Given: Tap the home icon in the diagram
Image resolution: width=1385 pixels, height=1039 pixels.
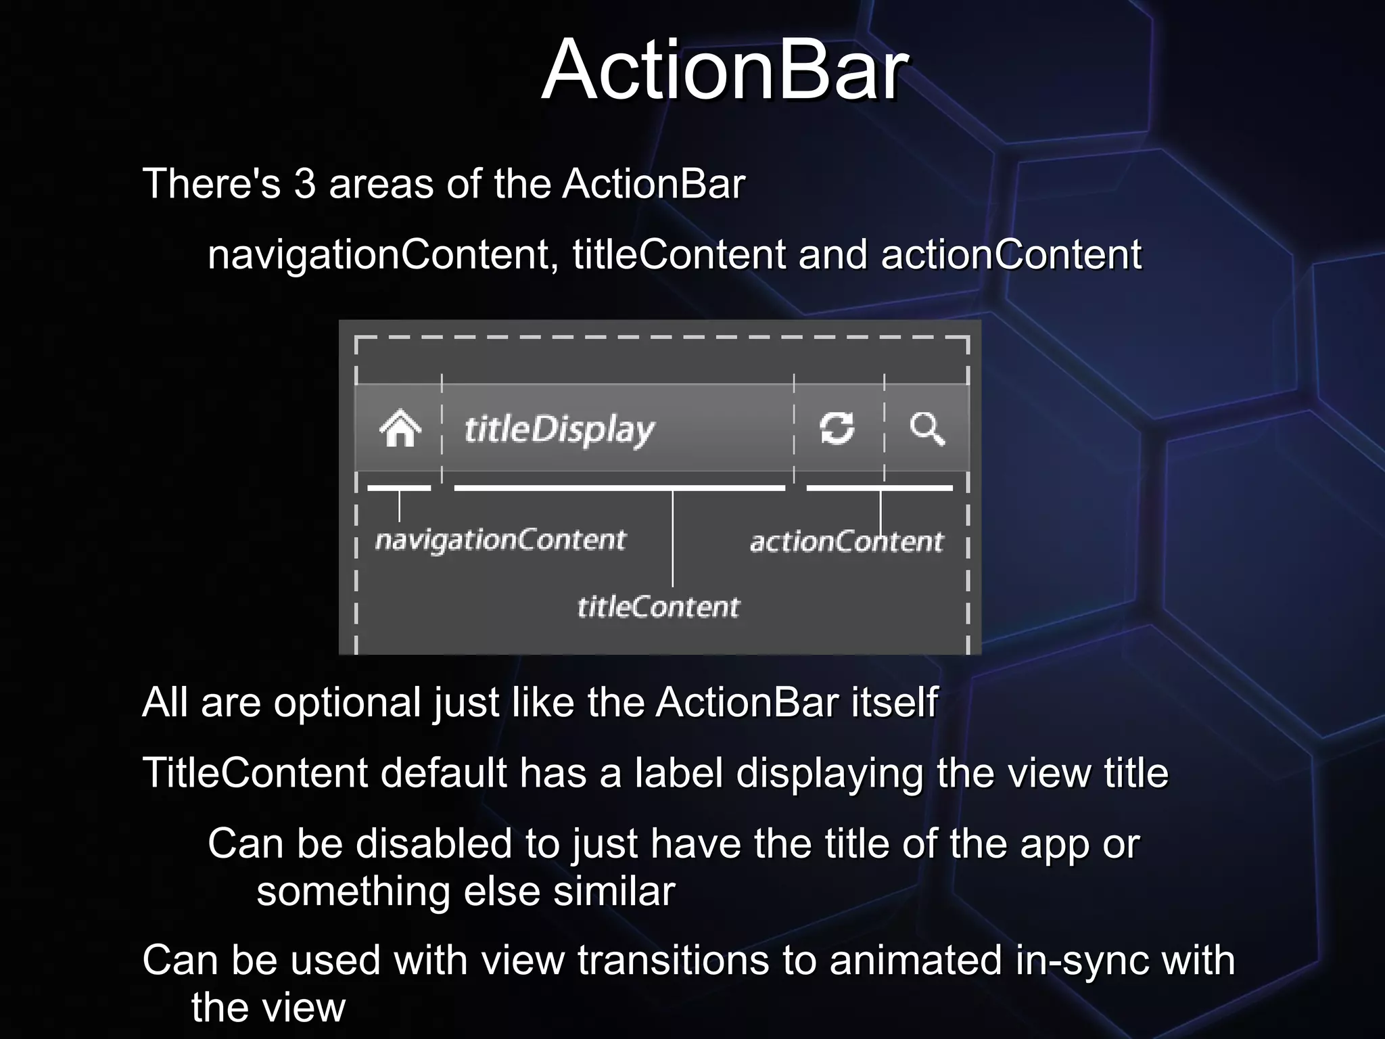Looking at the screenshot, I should pos(400,428).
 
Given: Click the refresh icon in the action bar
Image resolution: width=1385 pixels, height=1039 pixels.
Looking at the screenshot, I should pos(837,428).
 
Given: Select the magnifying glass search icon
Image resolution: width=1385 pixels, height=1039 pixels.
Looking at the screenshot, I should pos(926,428).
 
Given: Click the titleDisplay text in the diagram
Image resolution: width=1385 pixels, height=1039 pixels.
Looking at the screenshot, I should pos(559,430).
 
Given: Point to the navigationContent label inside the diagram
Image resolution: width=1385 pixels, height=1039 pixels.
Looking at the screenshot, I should pos(500,540).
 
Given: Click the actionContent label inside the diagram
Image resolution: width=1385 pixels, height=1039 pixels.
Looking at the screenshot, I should pos(846,542).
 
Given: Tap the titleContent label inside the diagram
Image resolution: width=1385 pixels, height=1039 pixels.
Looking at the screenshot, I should pos(658,607).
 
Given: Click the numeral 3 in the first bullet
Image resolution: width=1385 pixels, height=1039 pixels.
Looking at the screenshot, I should pos(305,184).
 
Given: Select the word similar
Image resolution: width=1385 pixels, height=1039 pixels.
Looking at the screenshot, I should pos(614,892).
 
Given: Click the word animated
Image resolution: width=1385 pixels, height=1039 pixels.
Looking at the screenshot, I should pos(916,961).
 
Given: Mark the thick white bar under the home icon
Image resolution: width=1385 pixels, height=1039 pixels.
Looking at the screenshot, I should pos(399,488).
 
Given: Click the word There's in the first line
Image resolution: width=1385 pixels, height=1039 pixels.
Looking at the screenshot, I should pos(211,184).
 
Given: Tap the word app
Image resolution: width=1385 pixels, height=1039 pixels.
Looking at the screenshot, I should pos(1054,846).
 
